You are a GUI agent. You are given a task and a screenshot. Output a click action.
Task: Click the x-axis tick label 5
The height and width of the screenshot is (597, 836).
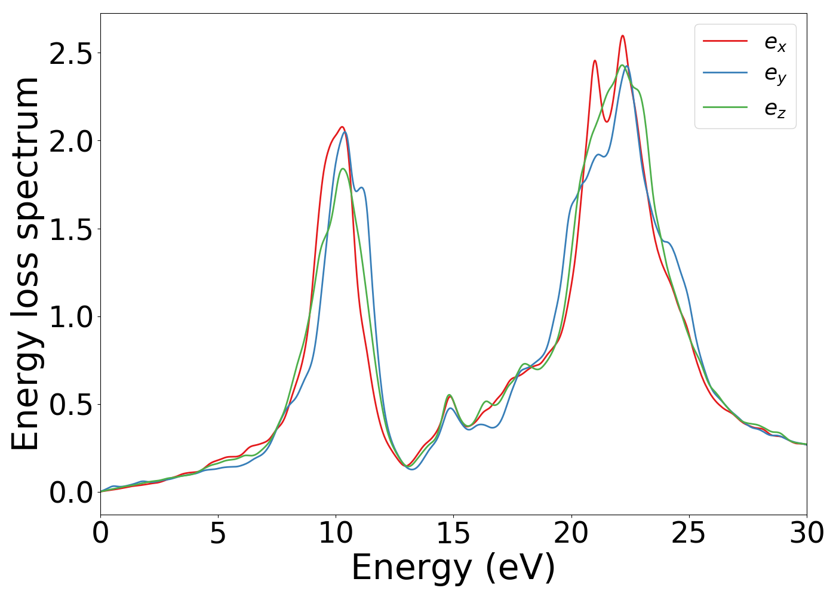pyautogui.click(x=218, y=533)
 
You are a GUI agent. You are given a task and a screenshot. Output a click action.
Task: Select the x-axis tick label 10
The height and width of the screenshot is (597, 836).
pyautogui.click(x=336, y=533)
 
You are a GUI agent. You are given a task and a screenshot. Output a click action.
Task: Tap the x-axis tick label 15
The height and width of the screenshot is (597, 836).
pyautogui.click(x=453, y=533)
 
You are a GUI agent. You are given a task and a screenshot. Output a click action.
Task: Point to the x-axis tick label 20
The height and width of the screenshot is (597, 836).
pyautogui.click(x=571, y=533)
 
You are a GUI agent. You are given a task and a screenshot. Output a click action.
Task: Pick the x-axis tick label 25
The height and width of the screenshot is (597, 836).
pyautogui.click(x=689, y=533)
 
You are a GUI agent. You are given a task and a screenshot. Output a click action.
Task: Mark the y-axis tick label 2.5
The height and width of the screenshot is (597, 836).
pyautogui.click(x=71, y=54)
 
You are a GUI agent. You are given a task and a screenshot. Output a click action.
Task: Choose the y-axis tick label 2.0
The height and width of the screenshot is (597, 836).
pyautogui.click(x=71, y=141)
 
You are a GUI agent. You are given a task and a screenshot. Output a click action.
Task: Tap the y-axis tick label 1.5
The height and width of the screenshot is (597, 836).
pyautogui.click(x=71, y=229)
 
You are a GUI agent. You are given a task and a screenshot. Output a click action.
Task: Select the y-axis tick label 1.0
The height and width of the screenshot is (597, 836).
pyautogui.click(x=71, y=317)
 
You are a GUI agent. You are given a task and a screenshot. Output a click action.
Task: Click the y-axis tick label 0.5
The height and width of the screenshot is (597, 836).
pyautogui.click(x=71, y=405)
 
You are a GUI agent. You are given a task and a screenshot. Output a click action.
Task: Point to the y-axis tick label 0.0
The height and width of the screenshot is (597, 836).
pyautogui.click(x=71, y=493)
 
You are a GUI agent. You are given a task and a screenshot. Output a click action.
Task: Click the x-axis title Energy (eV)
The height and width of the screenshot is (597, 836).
pyautogui.click(x=453, y=568)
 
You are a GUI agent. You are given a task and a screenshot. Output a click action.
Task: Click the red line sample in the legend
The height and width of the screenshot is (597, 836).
pyautogui.click(x=725, y=41)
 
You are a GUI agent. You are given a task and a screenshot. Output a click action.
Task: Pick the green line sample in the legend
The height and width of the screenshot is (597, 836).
pyautogui.click(x=725, y=107)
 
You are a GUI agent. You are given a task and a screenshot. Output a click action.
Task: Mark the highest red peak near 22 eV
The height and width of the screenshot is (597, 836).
pyautogui.click(x=622, y=36)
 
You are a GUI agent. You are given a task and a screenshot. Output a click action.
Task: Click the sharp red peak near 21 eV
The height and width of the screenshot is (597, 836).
pyautogui.click(x=595, y=61)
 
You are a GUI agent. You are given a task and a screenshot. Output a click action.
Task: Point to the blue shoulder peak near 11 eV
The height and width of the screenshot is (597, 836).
pyautogui.click(x=361, y=188)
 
